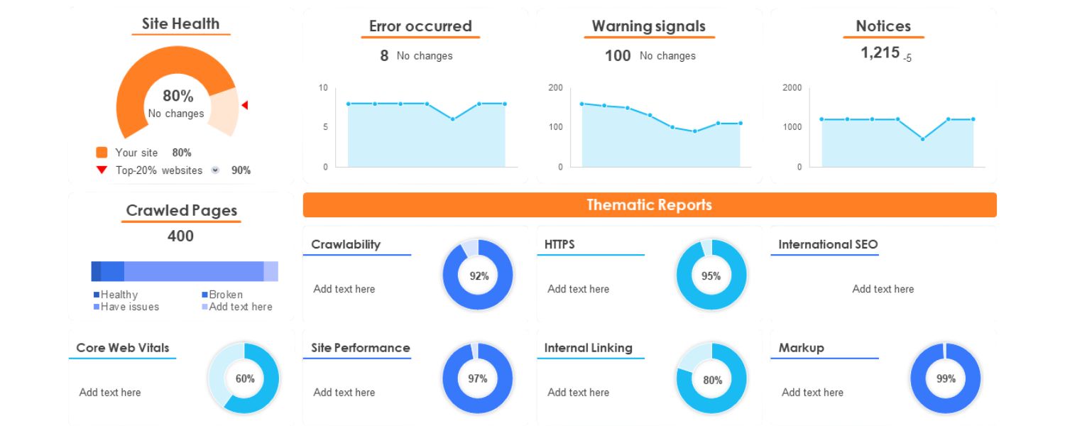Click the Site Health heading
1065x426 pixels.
point(180,23)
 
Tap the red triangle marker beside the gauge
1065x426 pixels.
point(245,105)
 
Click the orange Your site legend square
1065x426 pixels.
point(102,153)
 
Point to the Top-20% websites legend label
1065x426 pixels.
point(158,170)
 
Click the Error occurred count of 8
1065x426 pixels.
point(384,56)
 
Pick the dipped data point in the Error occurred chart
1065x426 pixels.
point(452,119)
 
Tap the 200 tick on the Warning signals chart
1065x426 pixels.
point(555,88)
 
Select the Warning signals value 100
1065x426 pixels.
point(618,56)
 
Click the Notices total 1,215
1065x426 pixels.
point(880,53)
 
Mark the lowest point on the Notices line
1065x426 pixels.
point(922,139)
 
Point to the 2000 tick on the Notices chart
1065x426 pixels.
point(792,88)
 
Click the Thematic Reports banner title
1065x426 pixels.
point(649,205)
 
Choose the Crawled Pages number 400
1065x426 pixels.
point(180,236)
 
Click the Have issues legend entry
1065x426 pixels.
point(129,307)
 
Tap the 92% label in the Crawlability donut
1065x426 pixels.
point(479,276)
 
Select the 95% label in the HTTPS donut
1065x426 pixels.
point(711,276)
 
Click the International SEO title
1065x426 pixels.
point(828,244)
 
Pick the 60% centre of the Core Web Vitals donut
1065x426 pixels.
point(245,378)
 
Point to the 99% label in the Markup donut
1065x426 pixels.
point(946,378)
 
